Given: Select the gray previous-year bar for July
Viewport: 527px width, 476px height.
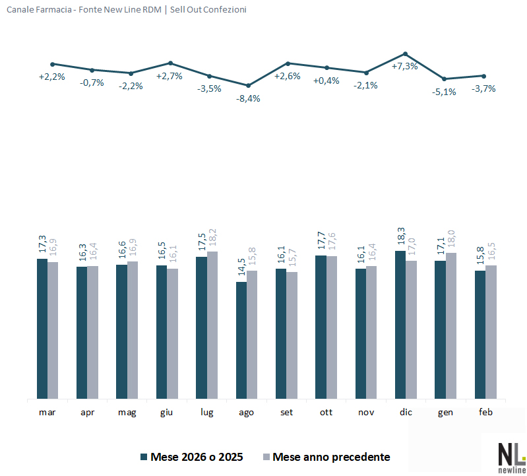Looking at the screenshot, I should (212, 325).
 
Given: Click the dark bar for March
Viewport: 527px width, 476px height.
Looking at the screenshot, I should (42, 329).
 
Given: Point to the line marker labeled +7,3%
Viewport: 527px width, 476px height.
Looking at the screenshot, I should (405, 54).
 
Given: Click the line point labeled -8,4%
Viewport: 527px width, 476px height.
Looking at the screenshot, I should (248, 85).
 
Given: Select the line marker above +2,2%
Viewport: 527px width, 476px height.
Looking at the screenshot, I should (52, 64).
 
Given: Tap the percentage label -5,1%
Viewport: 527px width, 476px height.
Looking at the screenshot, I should (444, 92).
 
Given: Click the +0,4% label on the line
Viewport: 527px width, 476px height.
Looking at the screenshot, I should (326, 81).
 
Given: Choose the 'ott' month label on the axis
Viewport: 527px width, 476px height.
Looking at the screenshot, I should (326, 412).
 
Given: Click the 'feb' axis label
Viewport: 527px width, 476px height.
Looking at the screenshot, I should (485, 412).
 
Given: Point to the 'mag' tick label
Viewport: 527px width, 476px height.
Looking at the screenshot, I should (127, 412).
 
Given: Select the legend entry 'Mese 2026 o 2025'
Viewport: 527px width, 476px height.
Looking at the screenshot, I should (191, 457).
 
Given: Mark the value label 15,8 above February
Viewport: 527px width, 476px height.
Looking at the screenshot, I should (480, 257).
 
